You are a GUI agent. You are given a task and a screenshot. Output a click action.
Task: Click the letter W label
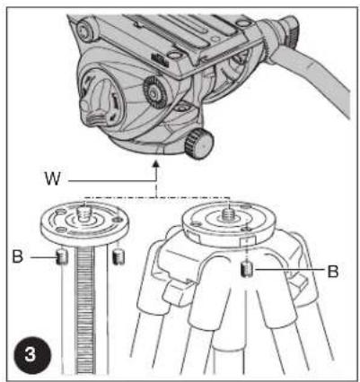[x=53, y=178]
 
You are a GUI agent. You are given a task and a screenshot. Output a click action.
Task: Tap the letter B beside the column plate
[x=18, y=256]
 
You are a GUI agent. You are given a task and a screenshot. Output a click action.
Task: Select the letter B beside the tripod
[x=333, y=272]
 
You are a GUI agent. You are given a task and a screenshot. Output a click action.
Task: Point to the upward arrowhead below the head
[x=155, y=163]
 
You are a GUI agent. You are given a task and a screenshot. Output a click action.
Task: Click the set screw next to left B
[x=62, y=256]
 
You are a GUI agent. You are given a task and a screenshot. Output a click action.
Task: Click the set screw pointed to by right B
[x=247, y=270]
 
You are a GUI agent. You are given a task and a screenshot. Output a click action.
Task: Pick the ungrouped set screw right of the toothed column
[x=119, y=256]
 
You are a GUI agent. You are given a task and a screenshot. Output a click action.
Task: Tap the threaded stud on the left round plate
[x=84, y=213]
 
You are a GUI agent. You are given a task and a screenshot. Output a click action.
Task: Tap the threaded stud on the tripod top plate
[x=229, y=215]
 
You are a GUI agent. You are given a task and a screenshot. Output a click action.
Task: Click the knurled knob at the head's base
[x=199, y=143]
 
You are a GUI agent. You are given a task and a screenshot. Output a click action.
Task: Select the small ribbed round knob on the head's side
[x=155, y=93]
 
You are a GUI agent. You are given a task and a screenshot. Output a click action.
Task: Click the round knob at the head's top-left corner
[x=86, y=30]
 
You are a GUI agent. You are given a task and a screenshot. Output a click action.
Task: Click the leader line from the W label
[x=112, y=181]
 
